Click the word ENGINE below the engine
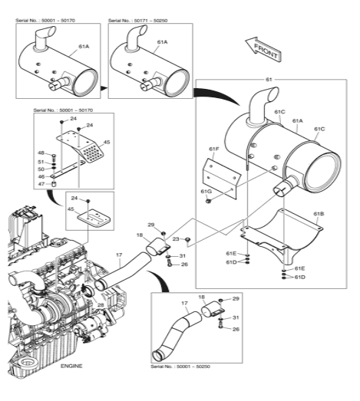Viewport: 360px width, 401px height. coord(71,366)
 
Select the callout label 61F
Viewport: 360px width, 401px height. coord(214,149)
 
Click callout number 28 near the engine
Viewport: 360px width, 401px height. coord(100,304)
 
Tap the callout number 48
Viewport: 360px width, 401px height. coord(41,153)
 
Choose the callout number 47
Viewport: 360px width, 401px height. coord(41,184)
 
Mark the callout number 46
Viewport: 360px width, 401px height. coord(41,176)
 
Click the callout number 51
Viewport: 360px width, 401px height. coord(41,161)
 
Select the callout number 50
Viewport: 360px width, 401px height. coord(41,169)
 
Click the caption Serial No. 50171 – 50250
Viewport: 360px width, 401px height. coord(140,21)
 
